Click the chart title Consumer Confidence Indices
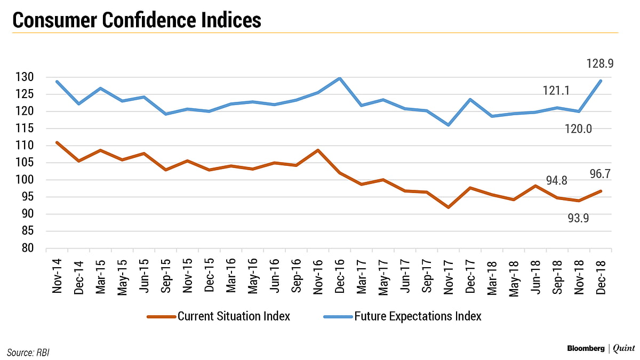click(136, 20)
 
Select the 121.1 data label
click(556, 91)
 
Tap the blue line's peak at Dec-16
click(339, 78)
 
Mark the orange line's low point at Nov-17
click(449, 207)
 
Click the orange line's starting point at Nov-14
click(57, 142)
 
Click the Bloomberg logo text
click(577, 349)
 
